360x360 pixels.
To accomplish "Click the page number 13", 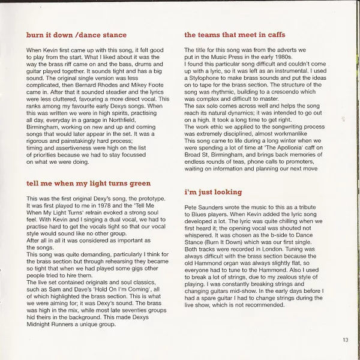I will point(345,340).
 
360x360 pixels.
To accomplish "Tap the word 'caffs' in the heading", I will point(273,35).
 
